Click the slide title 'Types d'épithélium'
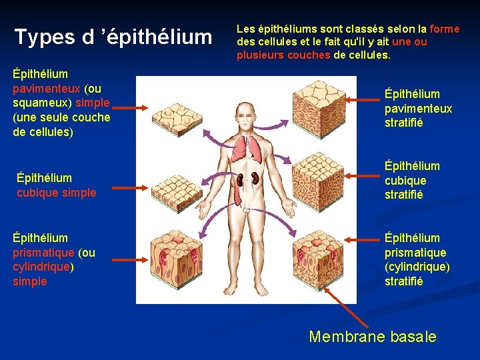(113, 37)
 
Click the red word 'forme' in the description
(445, 29)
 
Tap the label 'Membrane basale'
(373, 336)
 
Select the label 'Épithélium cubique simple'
(57, 185)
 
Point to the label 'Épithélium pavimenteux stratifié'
(418, 108)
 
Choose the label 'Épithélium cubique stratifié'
(412, 180)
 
